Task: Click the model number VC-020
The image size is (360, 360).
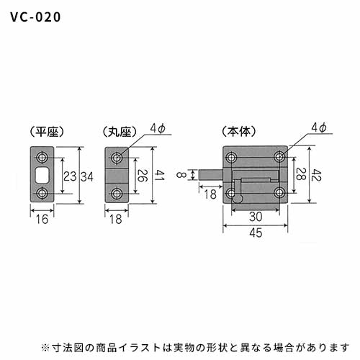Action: click(x=35, y=17)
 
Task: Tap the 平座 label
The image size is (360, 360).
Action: click(x=47, y=132)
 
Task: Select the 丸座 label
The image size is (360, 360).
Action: click(x=120, y=132)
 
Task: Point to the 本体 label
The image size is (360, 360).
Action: click(x=239, y=132)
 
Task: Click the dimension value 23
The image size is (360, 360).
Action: click(x=70, y=176)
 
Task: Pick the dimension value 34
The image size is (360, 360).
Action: click(x=86, y=177)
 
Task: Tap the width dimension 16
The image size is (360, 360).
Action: click(x=42, y=220)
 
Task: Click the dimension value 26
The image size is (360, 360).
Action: click(x=143, y=176)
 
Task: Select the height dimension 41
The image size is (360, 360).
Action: click(x=159, y=175)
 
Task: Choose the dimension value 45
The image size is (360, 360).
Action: click(x=256, y=233)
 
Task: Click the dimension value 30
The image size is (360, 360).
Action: click(x=256, y=217)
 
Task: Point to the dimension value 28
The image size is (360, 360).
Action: click(x=301, y=174)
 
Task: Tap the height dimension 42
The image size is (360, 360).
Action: click(x=316, y=175)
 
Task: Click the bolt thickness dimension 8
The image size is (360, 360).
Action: click(x=181, y=174)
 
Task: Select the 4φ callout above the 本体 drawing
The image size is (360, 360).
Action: click(x=319, y=127)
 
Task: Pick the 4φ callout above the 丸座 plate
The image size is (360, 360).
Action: click(x=158, y=128)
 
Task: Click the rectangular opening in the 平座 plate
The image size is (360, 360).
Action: click(x=42, y=175)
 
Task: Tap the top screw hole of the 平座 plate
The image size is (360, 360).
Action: click(x=42, y=158)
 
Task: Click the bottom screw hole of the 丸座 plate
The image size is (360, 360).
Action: click(x=117, y=194)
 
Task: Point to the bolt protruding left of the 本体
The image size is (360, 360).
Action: click(x=211, y=175)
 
